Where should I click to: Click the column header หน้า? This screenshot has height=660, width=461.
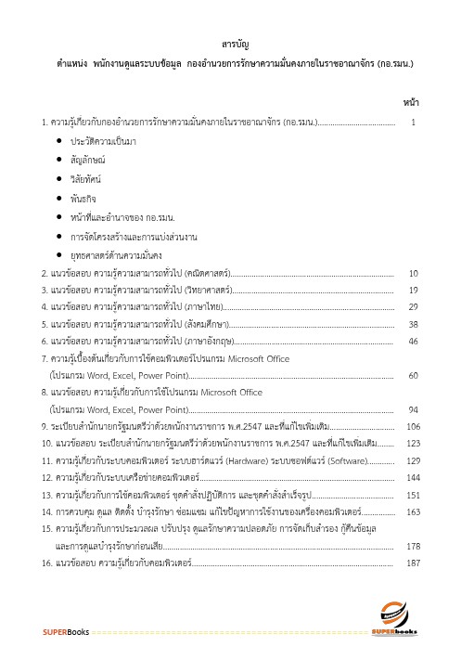[x=413, y=99]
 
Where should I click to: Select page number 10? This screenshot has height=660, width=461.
[x=414, y=273]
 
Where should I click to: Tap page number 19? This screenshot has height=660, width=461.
[x=414, y=290]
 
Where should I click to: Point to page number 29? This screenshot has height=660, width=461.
[x=414, y=306]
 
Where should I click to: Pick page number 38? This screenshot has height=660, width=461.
[x=414, y=324]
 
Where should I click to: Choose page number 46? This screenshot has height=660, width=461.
[x=414, y=341]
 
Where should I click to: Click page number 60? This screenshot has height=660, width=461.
[x=414, y=375]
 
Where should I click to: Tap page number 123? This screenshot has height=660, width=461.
[x=414, y=443]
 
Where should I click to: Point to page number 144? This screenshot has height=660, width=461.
[x=414, y=477]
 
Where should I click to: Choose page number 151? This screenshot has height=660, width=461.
[x=414, y=495]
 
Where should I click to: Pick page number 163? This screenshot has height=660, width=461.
[x=414, y=511]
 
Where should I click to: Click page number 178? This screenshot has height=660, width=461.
[x=414, y=546]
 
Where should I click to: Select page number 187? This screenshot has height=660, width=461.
[x=414, y=563]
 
